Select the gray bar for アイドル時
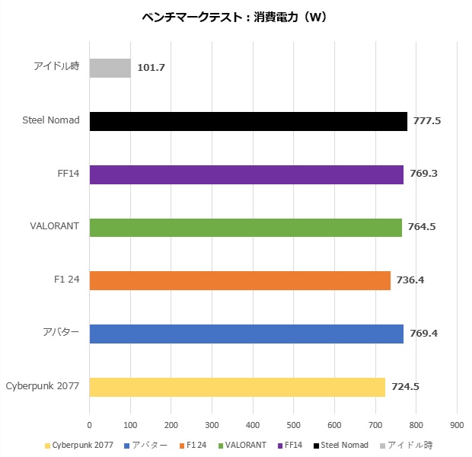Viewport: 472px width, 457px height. [x=110, y=68]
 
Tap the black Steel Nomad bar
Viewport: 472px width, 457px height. [x=248, y=121]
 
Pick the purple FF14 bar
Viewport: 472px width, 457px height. [x=247, y=174]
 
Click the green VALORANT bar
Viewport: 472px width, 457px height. [x=246, y=227]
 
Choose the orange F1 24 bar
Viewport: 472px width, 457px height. [x=240, y=280]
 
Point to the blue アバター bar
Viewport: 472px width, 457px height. [x=247, y=334]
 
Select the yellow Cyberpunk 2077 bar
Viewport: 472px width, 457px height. [x=238, y=387]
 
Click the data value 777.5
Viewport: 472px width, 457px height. [x=428, y=121]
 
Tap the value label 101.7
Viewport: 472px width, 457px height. [x=151, y=68]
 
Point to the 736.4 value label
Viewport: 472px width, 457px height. [x=410, y=280]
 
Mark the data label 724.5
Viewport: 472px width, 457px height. [x=405, y=387]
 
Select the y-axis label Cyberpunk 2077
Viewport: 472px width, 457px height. [x=43, y=386]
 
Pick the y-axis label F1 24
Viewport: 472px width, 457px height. [x=67, y=280]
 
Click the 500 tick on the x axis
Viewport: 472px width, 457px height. [x=294, y=425]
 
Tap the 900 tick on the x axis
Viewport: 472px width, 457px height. [x=457, y=425]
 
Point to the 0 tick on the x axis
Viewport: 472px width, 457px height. [x=90, y=425]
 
